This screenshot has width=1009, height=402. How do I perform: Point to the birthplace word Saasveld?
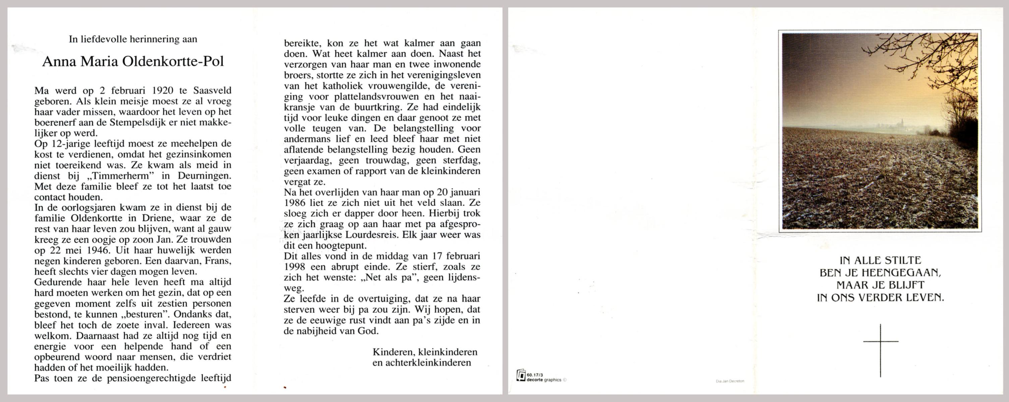click(x=212, y=90)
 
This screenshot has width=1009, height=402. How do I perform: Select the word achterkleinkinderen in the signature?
click(x=421, y=363)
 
